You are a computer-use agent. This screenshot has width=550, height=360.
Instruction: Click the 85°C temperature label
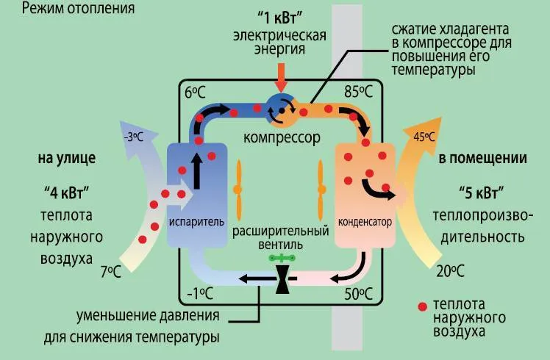tap(358, 92)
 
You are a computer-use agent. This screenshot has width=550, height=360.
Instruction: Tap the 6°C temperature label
tap(195, 93)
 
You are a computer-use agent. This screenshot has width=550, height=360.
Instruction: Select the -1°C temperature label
tap(200, 294)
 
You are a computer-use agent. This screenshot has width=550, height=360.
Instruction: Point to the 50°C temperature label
tap(358, 294)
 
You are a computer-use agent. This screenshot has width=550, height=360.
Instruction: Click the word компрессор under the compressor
tap(282, 137)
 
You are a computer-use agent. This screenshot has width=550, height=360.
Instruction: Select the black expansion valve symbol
tap(282, 278)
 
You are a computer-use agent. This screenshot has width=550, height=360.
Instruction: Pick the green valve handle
tap(282, 259)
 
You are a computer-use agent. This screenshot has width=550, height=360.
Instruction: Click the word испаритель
tap(196, 222)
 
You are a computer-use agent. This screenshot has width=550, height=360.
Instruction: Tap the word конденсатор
tap(365, 222)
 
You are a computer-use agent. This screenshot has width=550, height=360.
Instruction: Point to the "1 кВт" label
tap(280, 18)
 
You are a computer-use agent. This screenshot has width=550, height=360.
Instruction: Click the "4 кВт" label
tap(67, 192)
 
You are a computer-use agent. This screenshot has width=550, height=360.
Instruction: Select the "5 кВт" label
tap(482, 192)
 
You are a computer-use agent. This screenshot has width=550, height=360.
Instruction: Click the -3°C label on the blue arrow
tap(134, 137)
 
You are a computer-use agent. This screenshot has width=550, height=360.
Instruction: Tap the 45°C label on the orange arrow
tap(424, 137)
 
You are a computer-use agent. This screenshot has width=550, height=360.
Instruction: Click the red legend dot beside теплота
tap(423, 306)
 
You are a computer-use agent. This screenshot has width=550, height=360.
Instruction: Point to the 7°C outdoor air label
tap(111, 272)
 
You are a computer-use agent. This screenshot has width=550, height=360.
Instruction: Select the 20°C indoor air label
tap(451, 271)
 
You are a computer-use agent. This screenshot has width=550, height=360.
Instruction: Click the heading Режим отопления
tap(78, 7)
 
